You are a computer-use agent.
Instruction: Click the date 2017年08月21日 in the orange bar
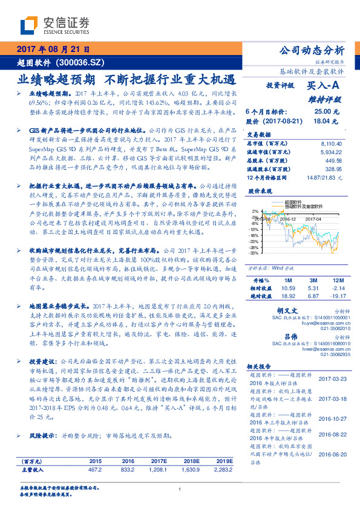pos(53,50)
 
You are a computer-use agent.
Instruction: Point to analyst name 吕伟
pos(290,336)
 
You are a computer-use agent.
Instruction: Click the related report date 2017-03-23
pos(332,378)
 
